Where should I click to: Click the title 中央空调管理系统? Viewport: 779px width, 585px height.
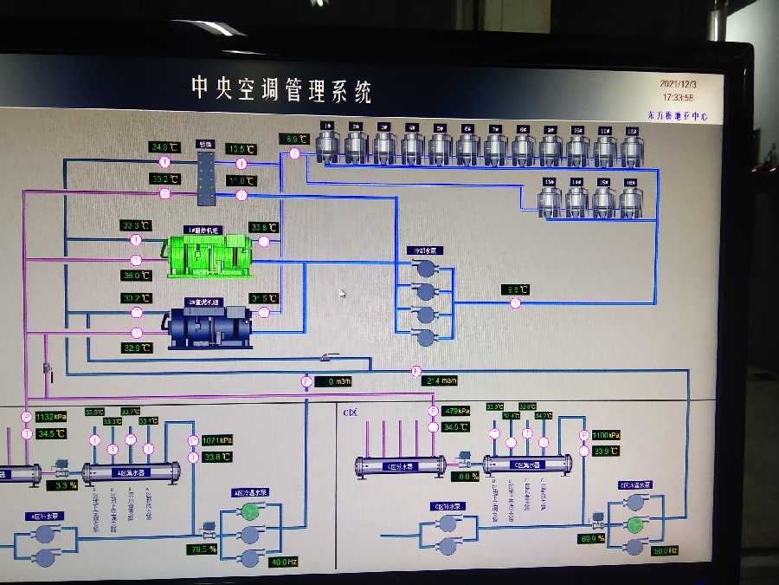281,89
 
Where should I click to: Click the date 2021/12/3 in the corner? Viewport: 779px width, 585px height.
678,84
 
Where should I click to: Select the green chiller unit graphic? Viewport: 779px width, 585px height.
209,253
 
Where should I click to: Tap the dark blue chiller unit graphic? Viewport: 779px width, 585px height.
209,324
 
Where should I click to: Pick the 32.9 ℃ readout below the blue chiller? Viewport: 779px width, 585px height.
137,348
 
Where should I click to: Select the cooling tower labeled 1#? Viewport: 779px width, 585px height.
327,145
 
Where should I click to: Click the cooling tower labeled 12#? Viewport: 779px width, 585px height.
631,146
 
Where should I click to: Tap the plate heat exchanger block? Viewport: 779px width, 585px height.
206,177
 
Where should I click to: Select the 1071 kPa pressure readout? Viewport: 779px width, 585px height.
217,440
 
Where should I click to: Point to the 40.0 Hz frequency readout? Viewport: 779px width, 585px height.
283,562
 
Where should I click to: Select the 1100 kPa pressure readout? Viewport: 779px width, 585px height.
606,434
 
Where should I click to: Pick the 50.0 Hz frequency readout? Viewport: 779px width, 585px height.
662,550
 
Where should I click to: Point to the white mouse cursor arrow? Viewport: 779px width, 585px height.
343,293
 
